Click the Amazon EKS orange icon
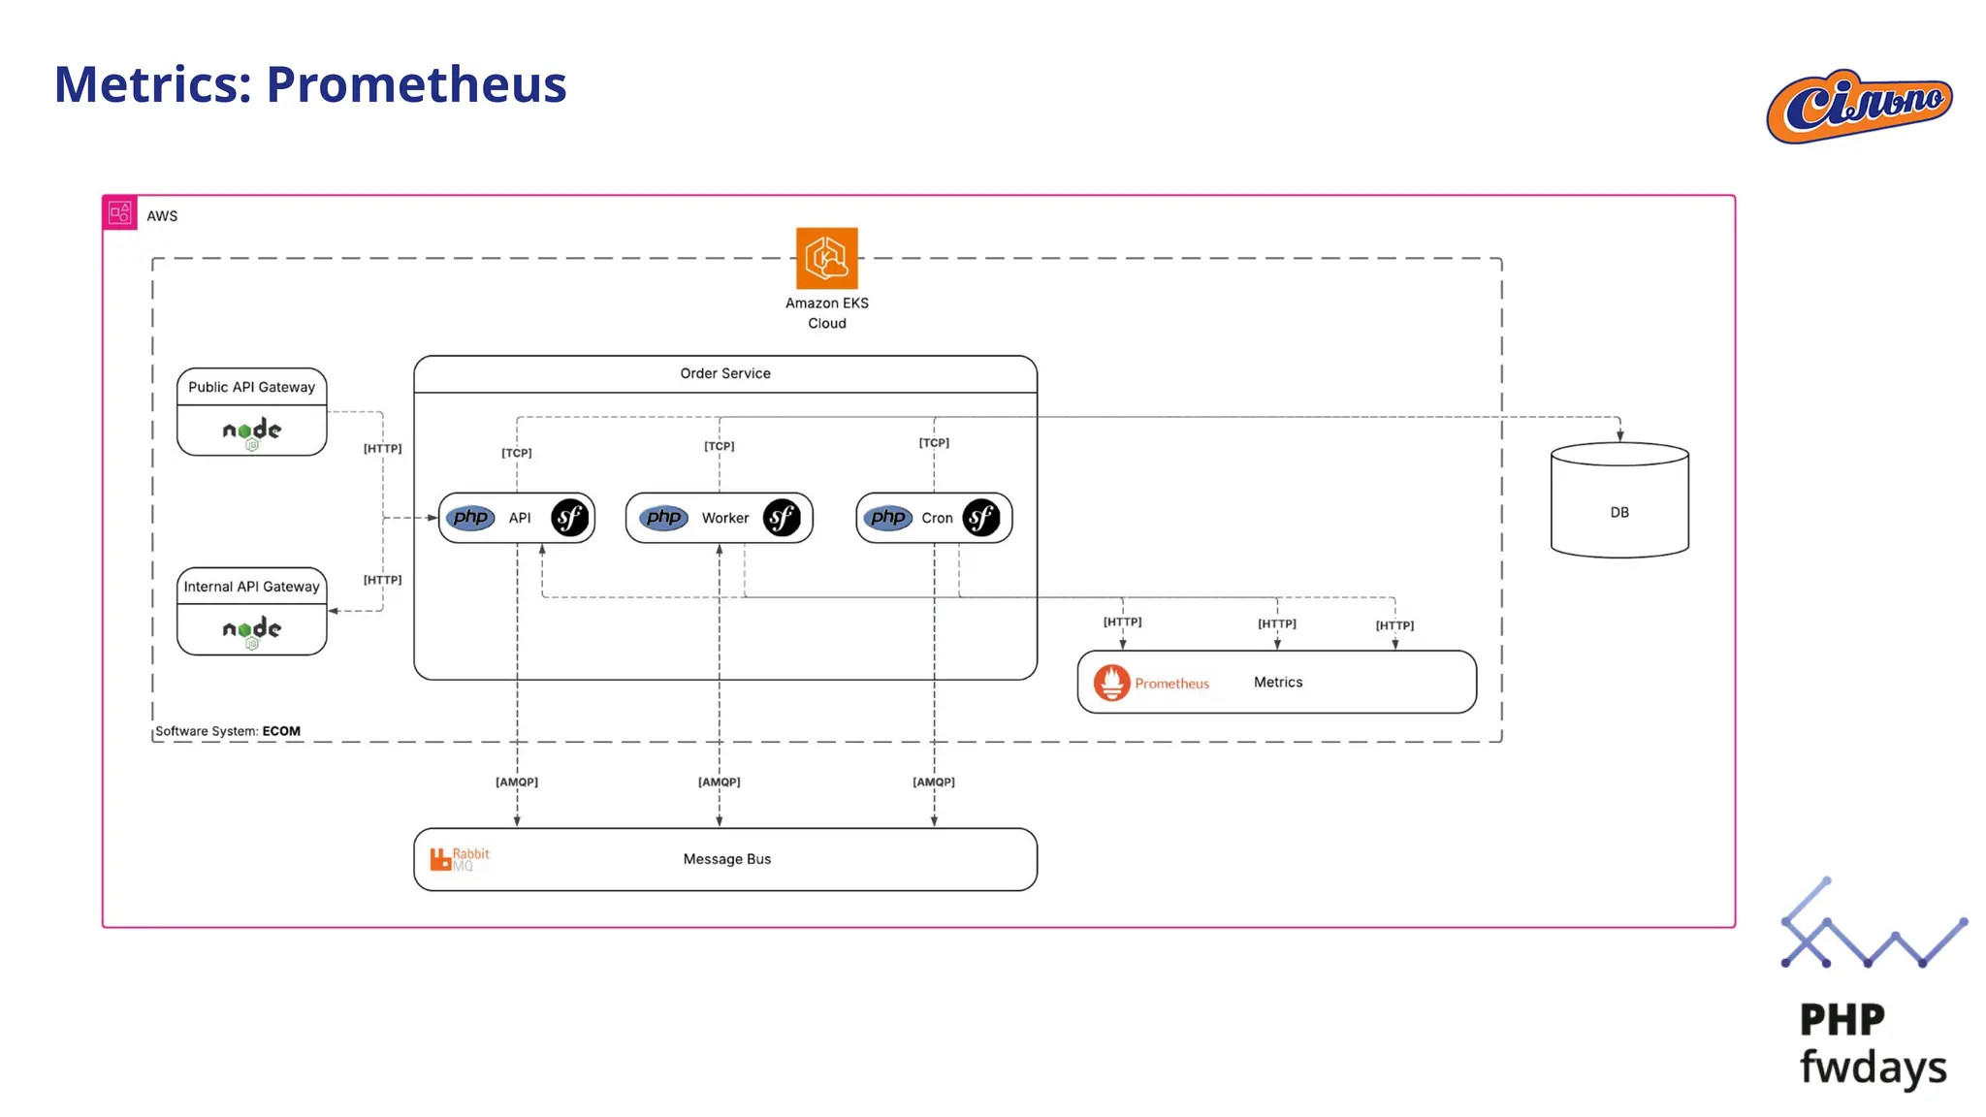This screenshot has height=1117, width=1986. click(826, 258)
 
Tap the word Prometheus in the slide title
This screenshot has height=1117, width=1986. click(416, 84)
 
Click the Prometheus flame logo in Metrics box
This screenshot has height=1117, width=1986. click(1111, 683)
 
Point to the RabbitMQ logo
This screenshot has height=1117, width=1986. click(459, 859)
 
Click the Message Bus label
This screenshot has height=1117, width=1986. click(726, 859)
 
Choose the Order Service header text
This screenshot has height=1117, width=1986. click(724, 373)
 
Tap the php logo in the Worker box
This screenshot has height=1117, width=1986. click(664, 518)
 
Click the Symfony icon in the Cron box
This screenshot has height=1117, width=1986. click(980, 518)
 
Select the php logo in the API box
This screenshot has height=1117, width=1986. click(471, 518)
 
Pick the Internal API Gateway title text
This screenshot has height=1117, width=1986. click(251, 587)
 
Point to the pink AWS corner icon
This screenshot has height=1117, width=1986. click(120, 212)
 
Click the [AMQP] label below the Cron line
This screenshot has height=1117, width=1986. click(933, 782)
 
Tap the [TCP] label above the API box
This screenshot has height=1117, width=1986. click(516, 453)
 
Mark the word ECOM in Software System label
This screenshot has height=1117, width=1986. click(281, 731)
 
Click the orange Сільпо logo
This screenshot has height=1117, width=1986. click(1859, 106)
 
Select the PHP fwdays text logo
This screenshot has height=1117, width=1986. click(1872, 1043)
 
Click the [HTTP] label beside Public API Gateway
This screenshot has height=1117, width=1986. click(382, 448)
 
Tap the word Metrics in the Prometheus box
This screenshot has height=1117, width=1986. click(1277, 683)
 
